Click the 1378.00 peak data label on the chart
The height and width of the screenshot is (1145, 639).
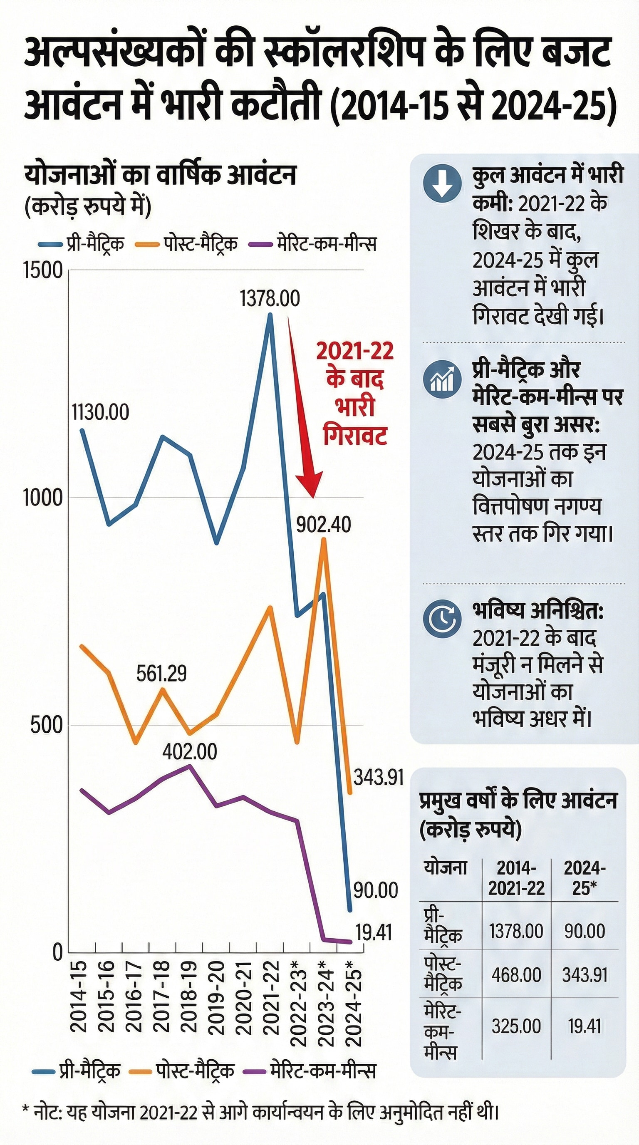(270, 298)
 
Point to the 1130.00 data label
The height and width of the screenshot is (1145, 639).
(100, 412)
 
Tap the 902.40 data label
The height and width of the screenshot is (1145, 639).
(324, 525)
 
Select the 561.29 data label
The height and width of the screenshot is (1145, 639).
(161, 674)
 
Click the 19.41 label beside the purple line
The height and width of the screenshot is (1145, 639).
(374, 932)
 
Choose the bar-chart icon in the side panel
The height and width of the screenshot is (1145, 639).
(442, 379)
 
